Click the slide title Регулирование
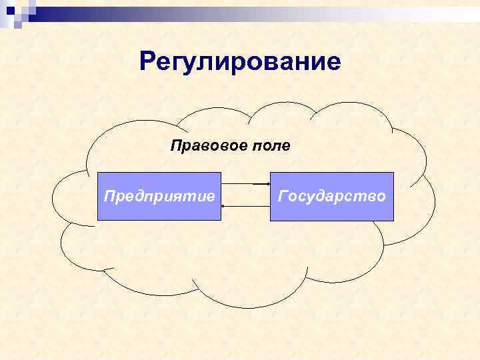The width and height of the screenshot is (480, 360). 240,62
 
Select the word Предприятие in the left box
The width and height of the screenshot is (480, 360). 159,196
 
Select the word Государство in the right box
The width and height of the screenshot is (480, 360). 332,196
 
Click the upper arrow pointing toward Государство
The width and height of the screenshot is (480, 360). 245,183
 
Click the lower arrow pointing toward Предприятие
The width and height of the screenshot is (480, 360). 245,207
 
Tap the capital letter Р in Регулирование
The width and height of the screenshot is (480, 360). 149,62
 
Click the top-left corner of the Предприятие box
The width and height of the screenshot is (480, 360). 98,172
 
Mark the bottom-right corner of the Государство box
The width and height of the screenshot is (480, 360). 394,220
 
